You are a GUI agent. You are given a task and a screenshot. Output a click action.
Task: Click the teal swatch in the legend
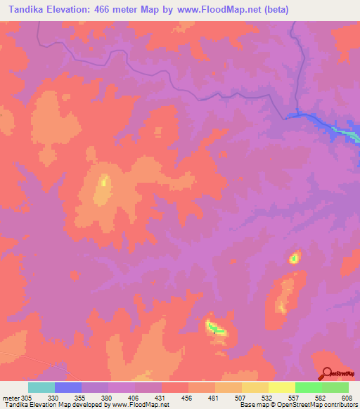point(41,387)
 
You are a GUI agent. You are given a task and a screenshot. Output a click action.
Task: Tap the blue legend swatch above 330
point(68,387)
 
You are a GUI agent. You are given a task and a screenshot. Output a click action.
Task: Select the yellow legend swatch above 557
point(282,387)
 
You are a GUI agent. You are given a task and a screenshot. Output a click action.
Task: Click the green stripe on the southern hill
point(217,328)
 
